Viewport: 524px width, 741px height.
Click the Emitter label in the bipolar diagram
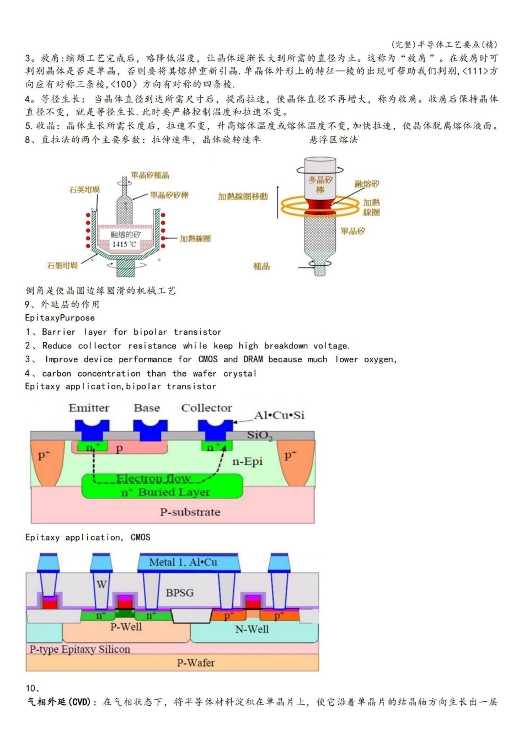point(89,408)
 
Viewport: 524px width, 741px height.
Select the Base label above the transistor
point(147,408)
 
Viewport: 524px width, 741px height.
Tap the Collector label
point(206,408)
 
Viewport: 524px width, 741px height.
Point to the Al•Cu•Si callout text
point(279,415)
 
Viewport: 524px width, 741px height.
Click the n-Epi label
point(247,461)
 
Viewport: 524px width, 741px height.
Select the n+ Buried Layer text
point(165,492)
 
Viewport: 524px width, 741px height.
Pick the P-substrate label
point(190,512)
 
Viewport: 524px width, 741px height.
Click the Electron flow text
point(153,479)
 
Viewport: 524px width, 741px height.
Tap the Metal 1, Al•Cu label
point(183,562)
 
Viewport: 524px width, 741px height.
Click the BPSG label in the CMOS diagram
point(180,593)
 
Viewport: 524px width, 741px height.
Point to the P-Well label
point(126,627)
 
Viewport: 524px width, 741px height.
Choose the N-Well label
point(252,629)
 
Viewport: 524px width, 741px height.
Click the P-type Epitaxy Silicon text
point(80,649)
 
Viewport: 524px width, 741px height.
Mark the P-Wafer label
point(195,663)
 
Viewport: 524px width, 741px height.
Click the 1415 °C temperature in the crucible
point(124,244)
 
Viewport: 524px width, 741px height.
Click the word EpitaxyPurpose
point(60,318)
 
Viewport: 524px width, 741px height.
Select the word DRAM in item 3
point(253,359)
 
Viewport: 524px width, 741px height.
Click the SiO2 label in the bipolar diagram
point(259,436)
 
